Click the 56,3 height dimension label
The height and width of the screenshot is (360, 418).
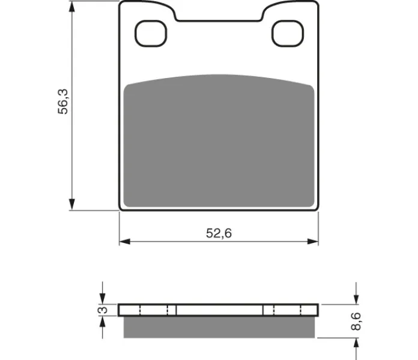63,102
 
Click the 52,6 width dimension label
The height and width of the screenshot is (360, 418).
219,233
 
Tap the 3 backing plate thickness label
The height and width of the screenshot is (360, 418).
103,310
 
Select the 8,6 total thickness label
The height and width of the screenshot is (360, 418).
356,322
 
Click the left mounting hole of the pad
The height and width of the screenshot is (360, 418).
151,34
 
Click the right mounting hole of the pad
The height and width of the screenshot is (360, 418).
288,34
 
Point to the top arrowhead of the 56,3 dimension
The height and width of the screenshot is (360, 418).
71,7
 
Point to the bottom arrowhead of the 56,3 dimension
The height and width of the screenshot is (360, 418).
71,204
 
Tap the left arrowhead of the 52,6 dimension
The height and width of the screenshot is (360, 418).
125,242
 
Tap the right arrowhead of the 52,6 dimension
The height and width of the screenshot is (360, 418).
313,242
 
